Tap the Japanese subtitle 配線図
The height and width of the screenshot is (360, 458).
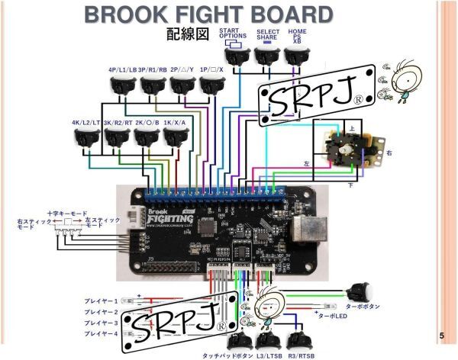pyautogui.click(x=187, y=35)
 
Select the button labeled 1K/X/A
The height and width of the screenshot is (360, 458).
pyautogui.click(x=176, y=138)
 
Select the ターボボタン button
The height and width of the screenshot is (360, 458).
pyautogui.click(x=359, y=292)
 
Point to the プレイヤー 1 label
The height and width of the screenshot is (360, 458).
pyautogui.click(x=101, y=301)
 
